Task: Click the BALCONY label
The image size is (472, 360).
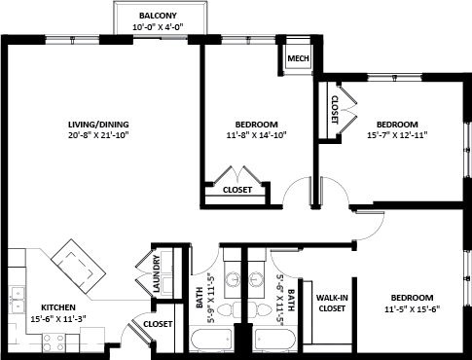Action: (158, 16)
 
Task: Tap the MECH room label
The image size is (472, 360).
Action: (298, 58)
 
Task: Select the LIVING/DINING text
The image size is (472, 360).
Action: (98, 125)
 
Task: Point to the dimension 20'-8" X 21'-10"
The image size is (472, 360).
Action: (98, 135)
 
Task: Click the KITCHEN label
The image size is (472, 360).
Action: (58, 307)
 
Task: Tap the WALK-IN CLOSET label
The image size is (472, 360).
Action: (332, 303)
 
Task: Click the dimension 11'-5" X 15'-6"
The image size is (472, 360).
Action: (412, 308)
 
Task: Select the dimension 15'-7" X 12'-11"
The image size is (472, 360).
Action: (397, 135)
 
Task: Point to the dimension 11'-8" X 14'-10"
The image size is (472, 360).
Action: (256, 135)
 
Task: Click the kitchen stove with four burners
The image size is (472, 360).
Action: (54, 343)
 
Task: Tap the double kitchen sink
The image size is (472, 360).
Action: (18, 300)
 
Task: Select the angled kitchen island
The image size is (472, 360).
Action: (79, 267)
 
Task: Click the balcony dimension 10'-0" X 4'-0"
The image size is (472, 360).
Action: (158, 27)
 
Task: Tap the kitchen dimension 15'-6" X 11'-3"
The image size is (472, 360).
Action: (58, 318)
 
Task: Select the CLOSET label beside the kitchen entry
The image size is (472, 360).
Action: (158, 324)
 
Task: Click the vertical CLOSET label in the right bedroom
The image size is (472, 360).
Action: (335, 110)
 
